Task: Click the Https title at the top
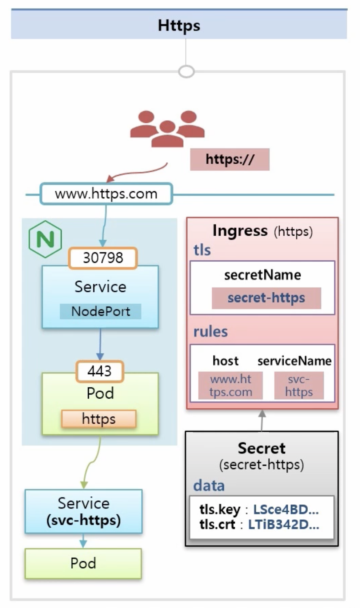(x=179, y=25)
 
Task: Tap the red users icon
(x=167, y=129)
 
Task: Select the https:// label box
(x=230, y=159)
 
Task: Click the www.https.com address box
(x=106, y=194)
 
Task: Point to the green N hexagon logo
(x=45, y=239)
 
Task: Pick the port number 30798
(x=103, y=258)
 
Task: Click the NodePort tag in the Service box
(x=100, y=311)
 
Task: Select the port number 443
(x=100, y=371)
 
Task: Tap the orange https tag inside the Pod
(x=99, y=419)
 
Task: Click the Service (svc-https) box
(x=84, y=511)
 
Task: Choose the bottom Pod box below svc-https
(x=83, y=563)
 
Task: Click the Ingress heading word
(x=240, y=231)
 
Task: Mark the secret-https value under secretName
(x=266, y=298)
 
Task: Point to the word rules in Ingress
(x=211, y=332)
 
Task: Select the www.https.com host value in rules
(x=231, y=385)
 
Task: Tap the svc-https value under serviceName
(x=299, y=385)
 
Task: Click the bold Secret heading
(x=261, y=448)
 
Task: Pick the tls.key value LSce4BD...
(x=286, y=509)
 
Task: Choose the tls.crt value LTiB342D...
(x=284, y=524)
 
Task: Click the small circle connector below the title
(x=187, y=71)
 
